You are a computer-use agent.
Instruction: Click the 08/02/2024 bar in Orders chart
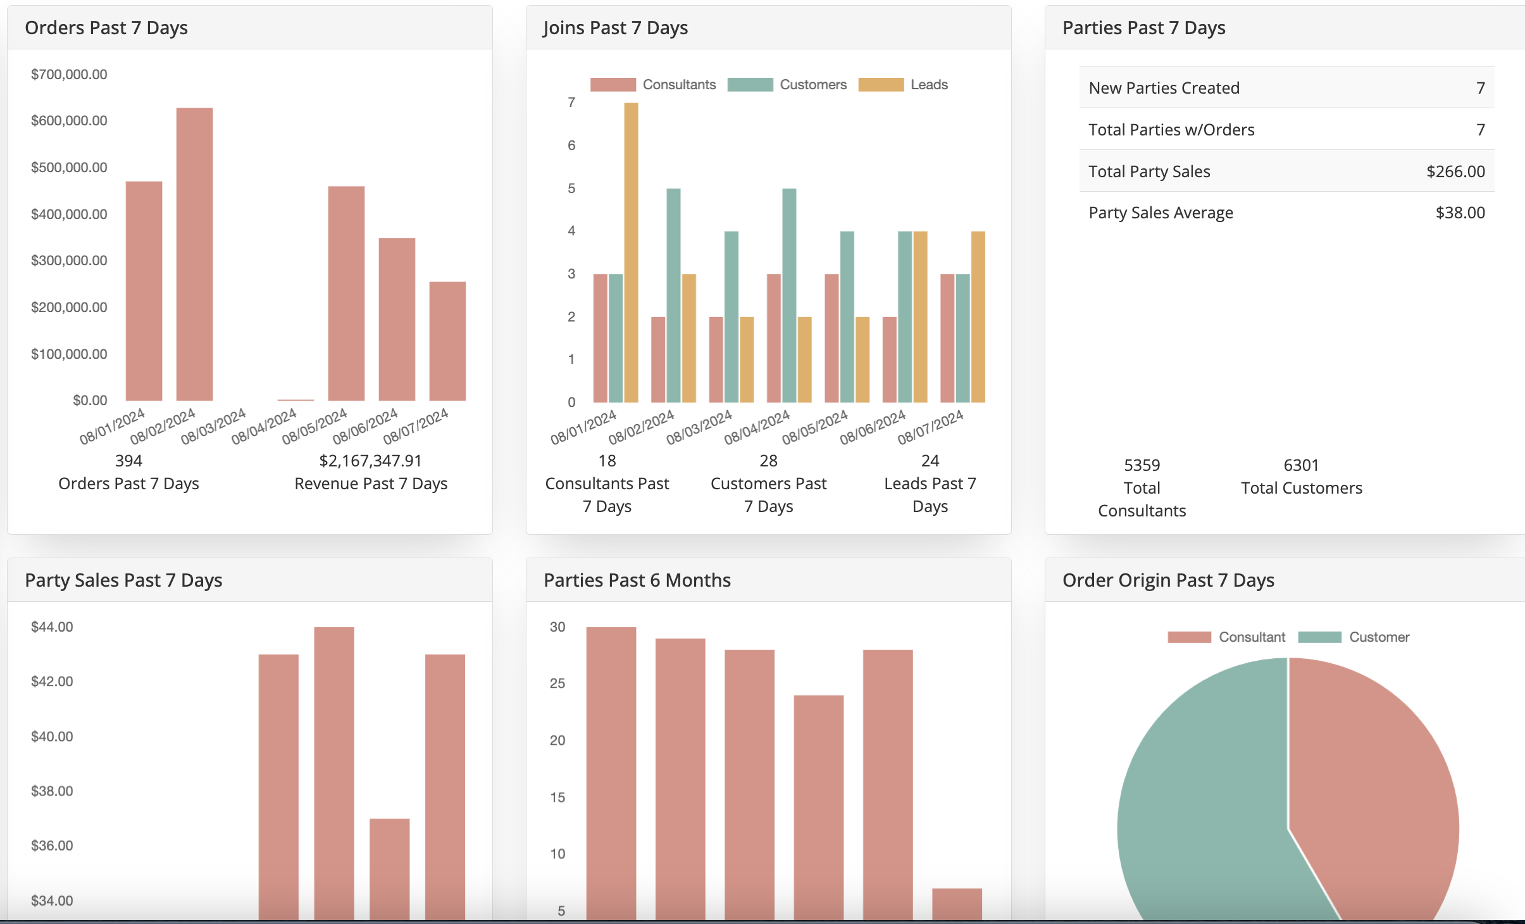[194, 254]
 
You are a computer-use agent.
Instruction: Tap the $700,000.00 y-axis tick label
[69, 75]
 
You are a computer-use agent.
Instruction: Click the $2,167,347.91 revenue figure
[370, 461]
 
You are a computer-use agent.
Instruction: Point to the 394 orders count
[128, 461]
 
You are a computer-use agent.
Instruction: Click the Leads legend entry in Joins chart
[928, 85]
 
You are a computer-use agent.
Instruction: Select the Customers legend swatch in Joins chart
[750, 85]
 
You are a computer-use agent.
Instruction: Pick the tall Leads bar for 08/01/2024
[631, 253]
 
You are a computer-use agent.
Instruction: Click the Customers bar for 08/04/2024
[789, 295]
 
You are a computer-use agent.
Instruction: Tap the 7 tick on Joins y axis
[571, 103]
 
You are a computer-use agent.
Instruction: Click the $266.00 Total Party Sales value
[1455, 172]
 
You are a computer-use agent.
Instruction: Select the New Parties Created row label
[1164, 88]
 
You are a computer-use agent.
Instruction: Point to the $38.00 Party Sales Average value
[1460, 213]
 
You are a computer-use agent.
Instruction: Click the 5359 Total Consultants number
[1142, 465]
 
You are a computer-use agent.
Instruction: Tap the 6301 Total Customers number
[1301, 465]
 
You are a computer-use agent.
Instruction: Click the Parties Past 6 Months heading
[637, 580]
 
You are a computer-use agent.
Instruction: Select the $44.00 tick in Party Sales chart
[52, 627]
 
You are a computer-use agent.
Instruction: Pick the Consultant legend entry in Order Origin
[1251, 637]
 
